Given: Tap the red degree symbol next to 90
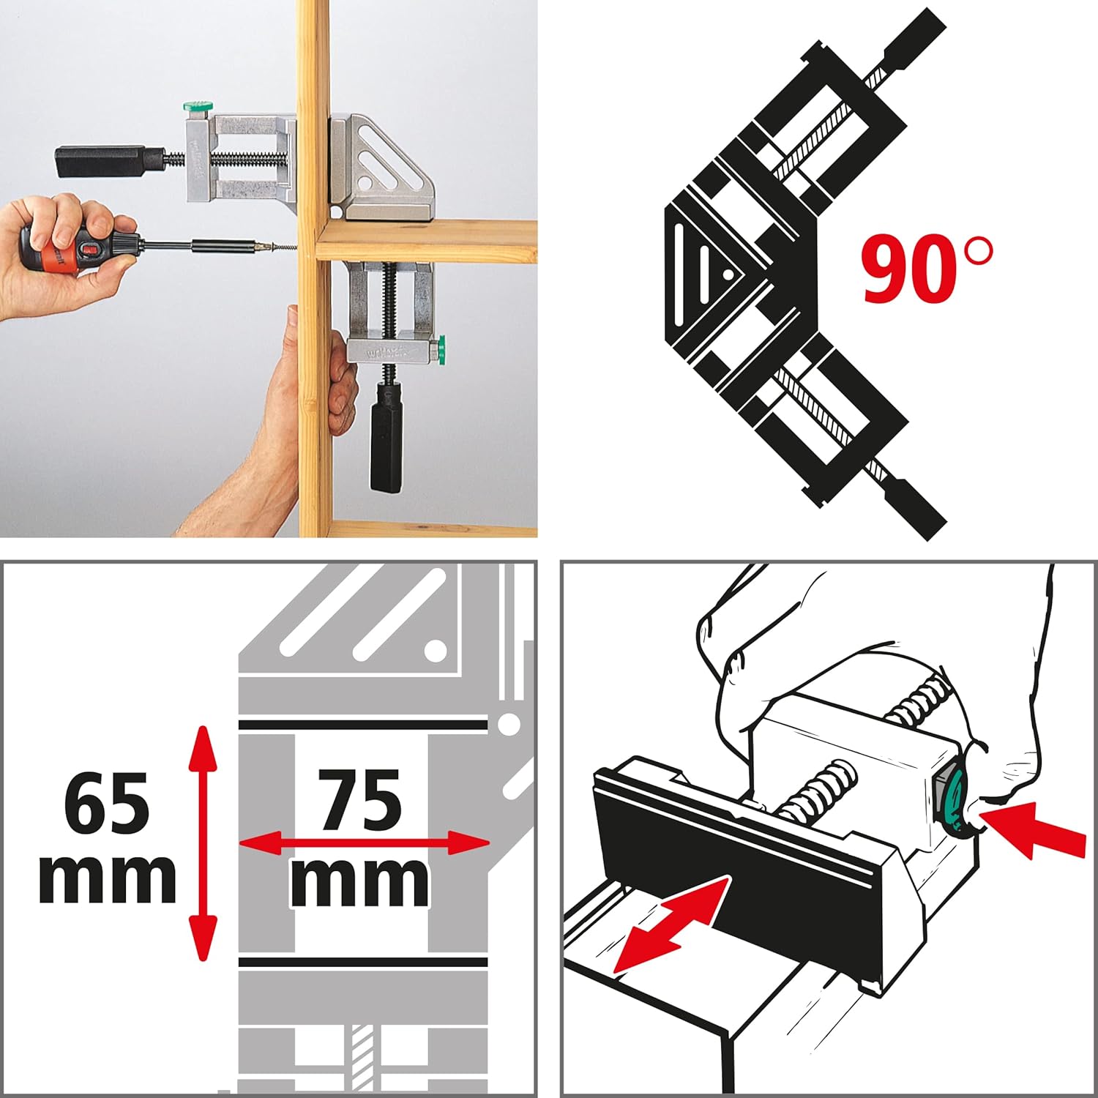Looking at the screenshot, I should (979, 251).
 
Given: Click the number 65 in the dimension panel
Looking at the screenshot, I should (107, 803).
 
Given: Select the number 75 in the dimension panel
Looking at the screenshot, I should (361, 801).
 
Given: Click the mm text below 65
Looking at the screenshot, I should (107, 875).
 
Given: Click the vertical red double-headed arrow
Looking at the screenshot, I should (203, 842).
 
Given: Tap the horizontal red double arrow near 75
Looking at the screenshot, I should (364, 843).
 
